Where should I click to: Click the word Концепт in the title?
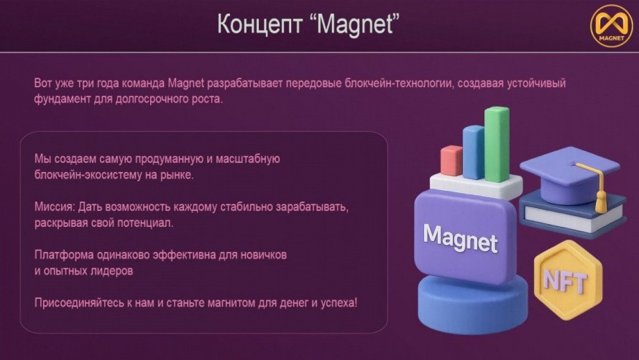pyautogui.click(x=259, y=24)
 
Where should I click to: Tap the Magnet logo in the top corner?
pyautogui.click(x=611, y=26)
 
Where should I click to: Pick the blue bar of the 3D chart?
pyautogui.click(x=474, y=152)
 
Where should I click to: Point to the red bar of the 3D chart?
pyautogui.click(x=452, y=161)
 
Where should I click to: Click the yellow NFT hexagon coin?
pyautogui.click(x=568, y=280)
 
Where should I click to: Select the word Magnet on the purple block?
pyautogui.click(x=460, y=238)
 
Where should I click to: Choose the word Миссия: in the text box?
pyautogui.click(x=55, y=207)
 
